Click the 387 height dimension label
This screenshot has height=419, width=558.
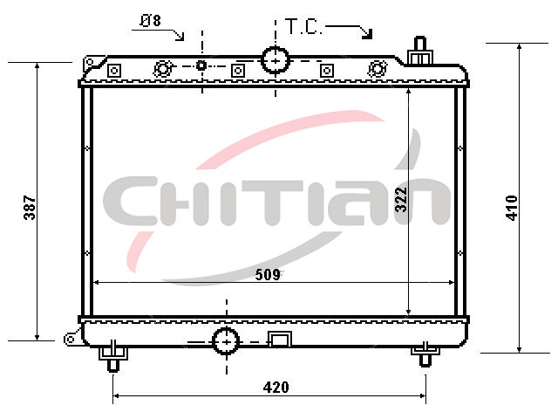30,208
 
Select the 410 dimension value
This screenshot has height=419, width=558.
512,208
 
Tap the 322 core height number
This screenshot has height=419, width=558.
401,200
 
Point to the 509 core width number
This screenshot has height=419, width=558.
268,275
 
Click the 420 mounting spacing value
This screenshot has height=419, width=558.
276,388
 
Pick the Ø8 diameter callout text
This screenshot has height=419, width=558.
151,21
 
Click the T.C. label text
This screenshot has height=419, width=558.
304,26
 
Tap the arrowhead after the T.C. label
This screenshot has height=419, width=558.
367,34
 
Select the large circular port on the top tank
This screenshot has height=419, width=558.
276,60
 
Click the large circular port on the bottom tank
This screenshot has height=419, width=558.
226,341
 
